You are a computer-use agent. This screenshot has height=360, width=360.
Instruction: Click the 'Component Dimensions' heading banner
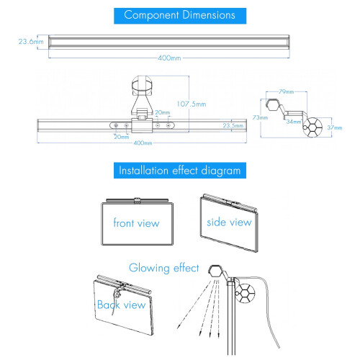[x=180, y=16]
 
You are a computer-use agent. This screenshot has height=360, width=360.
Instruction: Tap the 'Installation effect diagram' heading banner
[x=180, y=171]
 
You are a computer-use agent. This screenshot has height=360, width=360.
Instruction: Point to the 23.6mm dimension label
[x=31, y=42]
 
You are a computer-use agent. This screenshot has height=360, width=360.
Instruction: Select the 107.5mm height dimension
[x=192, y=104]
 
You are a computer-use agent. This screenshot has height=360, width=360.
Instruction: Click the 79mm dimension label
[x=287, y=91]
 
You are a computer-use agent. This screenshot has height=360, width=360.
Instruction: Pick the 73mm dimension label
[x=260, y=117]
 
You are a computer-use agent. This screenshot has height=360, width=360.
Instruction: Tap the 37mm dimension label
[x=335, y=127]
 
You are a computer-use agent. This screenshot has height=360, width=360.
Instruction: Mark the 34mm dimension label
[x=294, y=122]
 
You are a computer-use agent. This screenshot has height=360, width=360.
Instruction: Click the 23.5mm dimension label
[x=233, y=125]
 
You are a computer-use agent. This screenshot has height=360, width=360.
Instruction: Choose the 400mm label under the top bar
[x=169, y=58]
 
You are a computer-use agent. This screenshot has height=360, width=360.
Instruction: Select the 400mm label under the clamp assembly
[x=143, y=143]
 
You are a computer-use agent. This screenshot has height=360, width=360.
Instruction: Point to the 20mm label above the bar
[x=163, y=112]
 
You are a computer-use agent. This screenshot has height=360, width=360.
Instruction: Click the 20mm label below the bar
[x=122, y=137]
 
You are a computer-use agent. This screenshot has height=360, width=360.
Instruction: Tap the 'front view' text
[x=136, y=223]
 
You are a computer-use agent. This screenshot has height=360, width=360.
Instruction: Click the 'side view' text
[x=229, y=222]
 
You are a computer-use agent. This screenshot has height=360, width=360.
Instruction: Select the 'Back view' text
[x=122, y=305]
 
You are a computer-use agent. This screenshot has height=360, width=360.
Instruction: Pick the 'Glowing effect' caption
[x=164, y=268]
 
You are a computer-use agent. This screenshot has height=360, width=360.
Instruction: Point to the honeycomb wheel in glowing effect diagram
[x=245, y=293]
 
